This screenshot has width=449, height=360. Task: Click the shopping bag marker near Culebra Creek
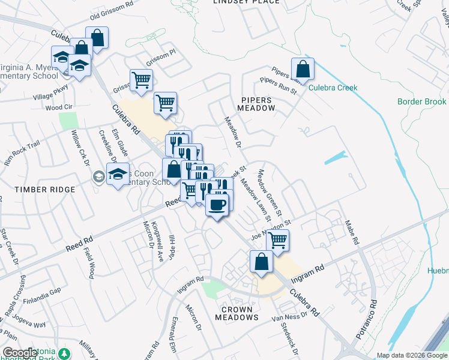303,70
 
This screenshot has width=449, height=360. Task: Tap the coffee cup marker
217,205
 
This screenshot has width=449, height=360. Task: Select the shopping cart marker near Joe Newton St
277,240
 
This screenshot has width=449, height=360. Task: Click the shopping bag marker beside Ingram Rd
261,262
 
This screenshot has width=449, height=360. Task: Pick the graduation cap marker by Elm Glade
118,175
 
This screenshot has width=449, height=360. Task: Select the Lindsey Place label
246,2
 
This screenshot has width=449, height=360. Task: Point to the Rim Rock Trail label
22,152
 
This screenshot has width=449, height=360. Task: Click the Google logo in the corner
20,353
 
